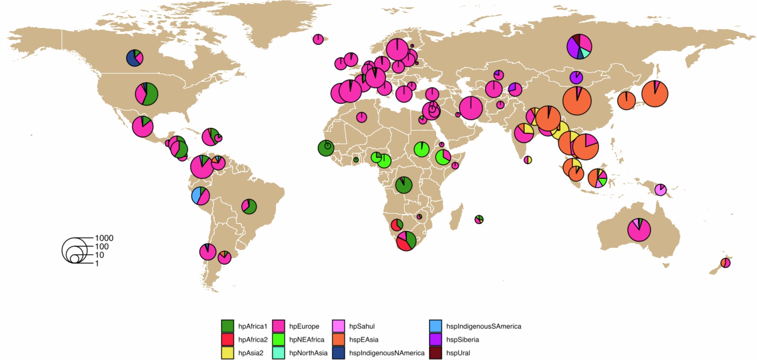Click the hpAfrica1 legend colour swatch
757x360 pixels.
pos(227,326)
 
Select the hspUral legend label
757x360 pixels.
pos(458,353)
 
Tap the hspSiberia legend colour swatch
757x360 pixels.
pos(435,340)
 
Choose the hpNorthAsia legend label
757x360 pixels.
pos(308,353)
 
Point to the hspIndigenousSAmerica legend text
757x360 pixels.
pos(483,326)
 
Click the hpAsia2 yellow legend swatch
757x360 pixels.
pos(227,353)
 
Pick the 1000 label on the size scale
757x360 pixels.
pos(104,238)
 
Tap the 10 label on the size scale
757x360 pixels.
pos(99,255)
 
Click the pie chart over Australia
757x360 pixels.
pos(639,230)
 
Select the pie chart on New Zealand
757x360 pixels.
pos(725,263)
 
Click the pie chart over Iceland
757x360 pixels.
pos(318,39)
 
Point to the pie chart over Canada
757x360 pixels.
pos(135,58)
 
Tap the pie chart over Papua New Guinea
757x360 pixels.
pos(660,190)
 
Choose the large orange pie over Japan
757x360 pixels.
pos(655,94)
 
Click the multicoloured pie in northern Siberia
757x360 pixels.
pos(579,46)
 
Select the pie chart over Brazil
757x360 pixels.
pos(249,206)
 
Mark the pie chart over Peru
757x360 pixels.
pos(201,196)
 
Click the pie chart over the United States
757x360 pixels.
pos(146,94)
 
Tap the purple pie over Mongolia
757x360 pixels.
pos(576,77)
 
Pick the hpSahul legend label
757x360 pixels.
pos(362,326)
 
